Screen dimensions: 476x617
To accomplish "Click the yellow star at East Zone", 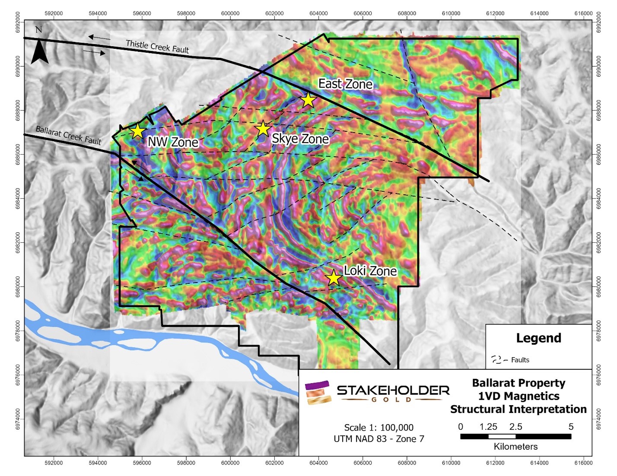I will coord(308,100).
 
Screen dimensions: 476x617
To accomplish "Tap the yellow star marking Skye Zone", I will coord(263,128).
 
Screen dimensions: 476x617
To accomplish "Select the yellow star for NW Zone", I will coord(137,130).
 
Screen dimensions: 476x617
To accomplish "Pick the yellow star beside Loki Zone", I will coord(333,278).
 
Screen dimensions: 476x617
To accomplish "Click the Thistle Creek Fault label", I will coord(157,46).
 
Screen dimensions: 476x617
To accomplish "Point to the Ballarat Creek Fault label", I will coord(68,135).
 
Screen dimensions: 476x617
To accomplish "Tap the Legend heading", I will coord(538,338).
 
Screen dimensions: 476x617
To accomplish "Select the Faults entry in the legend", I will coord(520,360).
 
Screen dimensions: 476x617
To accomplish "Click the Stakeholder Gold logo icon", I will coord(318,392).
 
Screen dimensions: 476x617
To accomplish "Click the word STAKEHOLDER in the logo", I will coord(393,390).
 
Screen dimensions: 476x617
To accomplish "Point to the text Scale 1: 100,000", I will coord(378,427).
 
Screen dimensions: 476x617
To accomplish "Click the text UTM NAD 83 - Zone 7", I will coord(378,439).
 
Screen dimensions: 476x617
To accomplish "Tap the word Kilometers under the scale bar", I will coord(515,447).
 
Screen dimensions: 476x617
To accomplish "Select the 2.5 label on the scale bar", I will coord(515,427).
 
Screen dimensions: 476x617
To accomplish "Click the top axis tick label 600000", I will coord(230,13).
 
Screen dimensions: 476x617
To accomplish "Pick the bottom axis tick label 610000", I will coord(451,463).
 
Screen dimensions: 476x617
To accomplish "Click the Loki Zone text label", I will coord(370,271).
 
